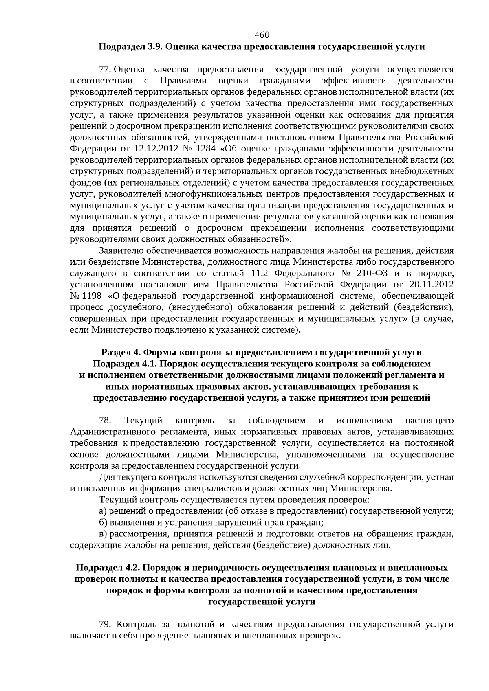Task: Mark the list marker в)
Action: [103, 533]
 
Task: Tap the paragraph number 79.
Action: [105, 624]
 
